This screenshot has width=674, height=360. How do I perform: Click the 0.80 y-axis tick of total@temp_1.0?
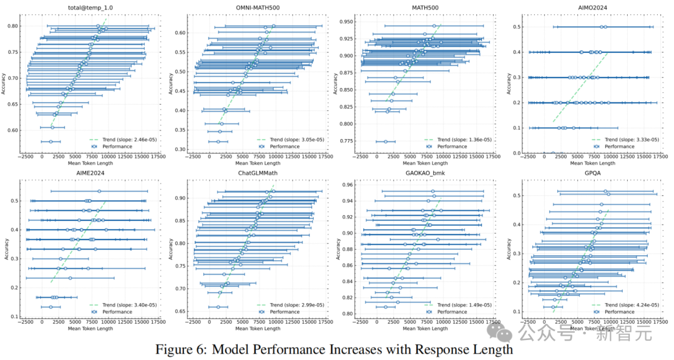pos(13,26)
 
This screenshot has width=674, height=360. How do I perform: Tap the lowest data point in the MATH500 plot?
pos(385,142)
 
